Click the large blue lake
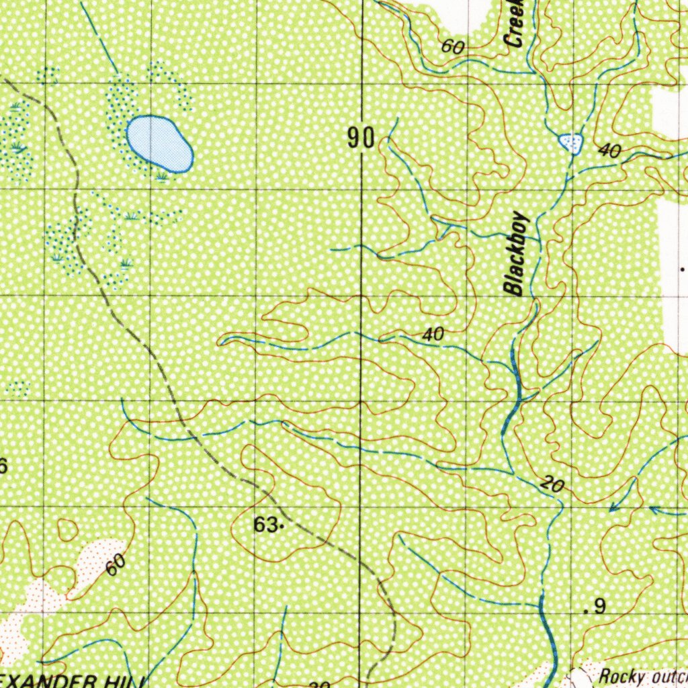pyautogui.click(x=159, y=143)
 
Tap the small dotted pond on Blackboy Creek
pyautogui.click(x=570, y=142)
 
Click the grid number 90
pyautogui.click(x=361, y=138)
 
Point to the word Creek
pyautogui.click(x=516, y=24)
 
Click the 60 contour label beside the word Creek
pyautogui.click(x=454, y=47)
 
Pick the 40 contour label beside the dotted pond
pyautogui.click(x=609, y=152)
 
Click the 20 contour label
pyautogui.click(x=551, y=485)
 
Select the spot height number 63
pyautogui.click(x=265, y=525)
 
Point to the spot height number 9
pyautogui.click(x=599, y=607)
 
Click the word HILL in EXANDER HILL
pyautogui.click(x=121, y=681)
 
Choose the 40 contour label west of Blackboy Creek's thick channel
pyautogui.click(x=434, y=334)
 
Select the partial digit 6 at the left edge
pyautogui.click(x=3, y=466)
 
